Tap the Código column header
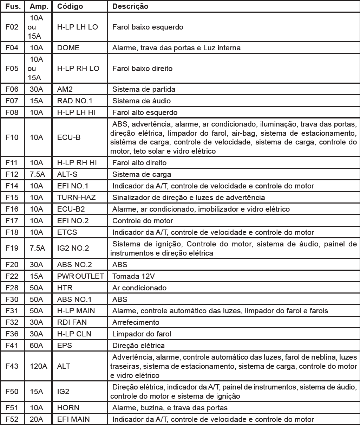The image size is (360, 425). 70,7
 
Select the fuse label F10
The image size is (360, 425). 12,137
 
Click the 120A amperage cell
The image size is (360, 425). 38,366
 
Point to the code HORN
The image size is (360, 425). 68,408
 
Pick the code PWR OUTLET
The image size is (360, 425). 80,276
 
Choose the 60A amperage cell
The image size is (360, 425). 36,346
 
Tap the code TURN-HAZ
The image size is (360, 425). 76,197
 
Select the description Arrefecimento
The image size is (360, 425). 136,322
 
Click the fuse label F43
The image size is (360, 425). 12,366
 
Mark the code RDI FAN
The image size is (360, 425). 72,322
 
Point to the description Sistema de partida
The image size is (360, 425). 144,89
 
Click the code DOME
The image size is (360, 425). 68,48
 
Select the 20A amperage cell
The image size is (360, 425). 36,419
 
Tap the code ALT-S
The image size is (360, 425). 67,174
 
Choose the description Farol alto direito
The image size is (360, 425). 139,163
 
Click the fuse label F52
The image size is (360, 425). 12,419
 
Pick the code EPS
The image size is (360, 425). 64,346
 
